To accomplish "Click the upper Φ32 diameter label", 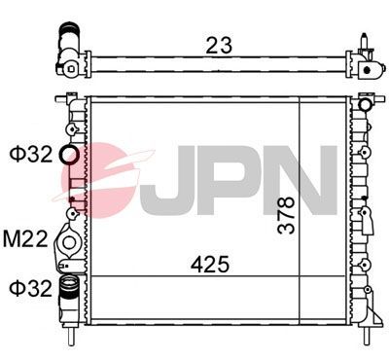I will [28, 154].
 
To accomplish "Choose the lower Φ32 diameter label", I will [28, 287].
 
